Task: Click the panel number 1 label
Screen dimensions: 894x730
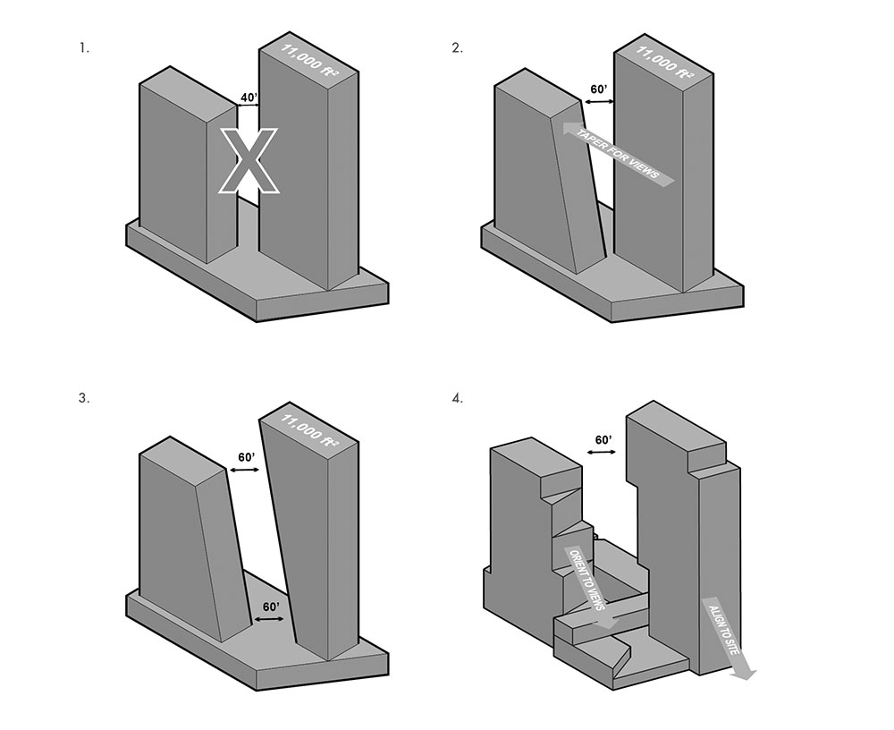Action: coord(84,48)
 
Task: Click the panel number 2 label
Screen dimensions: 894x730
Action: coord(457,48)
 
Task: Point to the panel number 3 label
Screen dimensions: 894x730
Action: coord(84,398)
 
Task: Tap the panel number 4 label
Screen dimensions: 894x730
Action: coord(457,398)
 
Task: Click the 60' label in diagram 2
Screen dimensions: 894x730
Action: coord(599,89)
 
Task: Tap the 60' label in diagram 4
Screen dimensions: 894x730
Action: coord(603,440)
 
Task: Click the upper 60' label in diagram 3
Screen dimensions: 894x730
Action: coord(247,458)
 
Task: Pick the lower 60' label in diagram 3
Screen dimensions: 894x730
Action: coord(271,607)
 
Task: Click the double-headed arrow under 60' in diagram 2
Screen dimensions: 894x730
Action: coord(599,102)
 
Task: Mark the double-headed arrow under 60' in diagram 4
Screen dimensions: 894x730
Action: coord(602,453)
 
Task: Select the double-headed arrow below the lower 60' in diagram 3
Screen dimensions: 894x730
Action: coord(268,619)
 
